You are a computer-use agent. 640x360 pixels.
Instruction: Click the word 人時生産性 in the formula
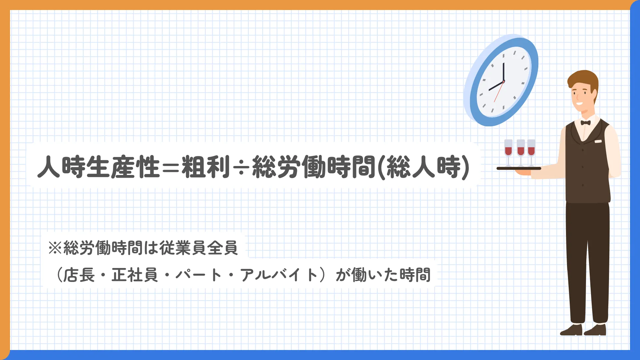(x=98, y=167)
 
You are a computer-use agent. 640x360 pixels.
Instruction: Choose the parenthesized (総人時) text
(x=423, y=167)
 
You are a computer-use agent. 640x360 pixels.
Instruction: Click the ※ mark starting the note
(x=55, y=248)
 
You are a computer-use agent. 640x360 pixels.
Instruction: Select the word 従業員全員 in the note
(x=199, y=248)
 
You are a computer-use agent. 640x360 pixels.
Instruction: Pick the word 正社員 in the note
(x=135, y=275)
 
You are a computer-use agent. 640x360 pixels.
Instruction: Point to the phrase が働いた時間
(x=383, y=275)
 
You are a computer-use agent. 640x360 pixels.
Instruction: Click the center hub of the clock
(x=503, y=82)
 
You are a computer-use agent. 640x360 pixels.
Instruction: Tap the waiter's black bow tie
(x=585, y=123)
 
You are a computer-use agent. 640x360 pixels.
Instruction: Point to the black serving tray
(x=519, y=168)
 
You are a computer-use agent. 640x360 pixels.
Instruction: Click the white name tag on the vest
(x=598, y=141)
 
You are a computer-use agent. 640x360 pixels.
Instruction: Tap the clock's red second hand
(x=499, y=92)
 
